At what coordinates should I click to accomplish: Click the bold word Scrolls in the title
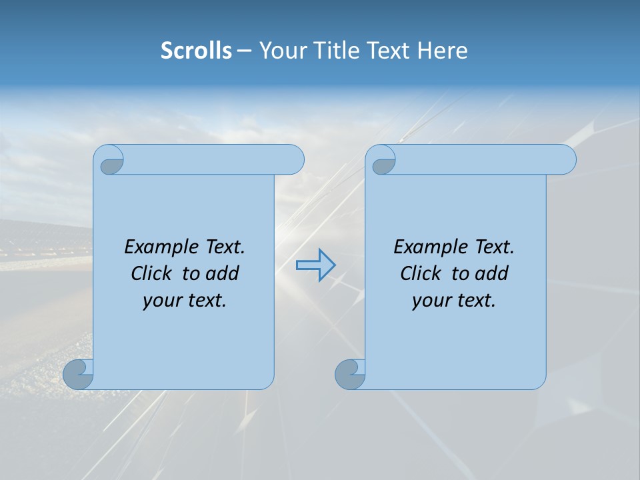tap(196, 51)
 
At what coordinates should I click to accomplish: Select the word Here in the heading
tap(442, 51)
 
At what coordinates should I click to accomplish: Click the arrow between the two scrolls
tap(315, 265)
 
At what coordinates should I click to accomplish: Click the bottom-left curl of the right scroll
tap(349, 375)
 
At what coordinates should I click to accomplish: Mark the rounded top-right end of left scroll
tap(293, 160)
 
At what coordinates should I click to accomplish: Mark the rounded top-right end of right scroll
tap(565, 160)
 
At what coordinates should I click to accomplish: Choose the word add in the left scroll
tap(223, 273)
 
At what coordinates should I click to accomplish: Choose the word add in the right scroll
tap(492, 273)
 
